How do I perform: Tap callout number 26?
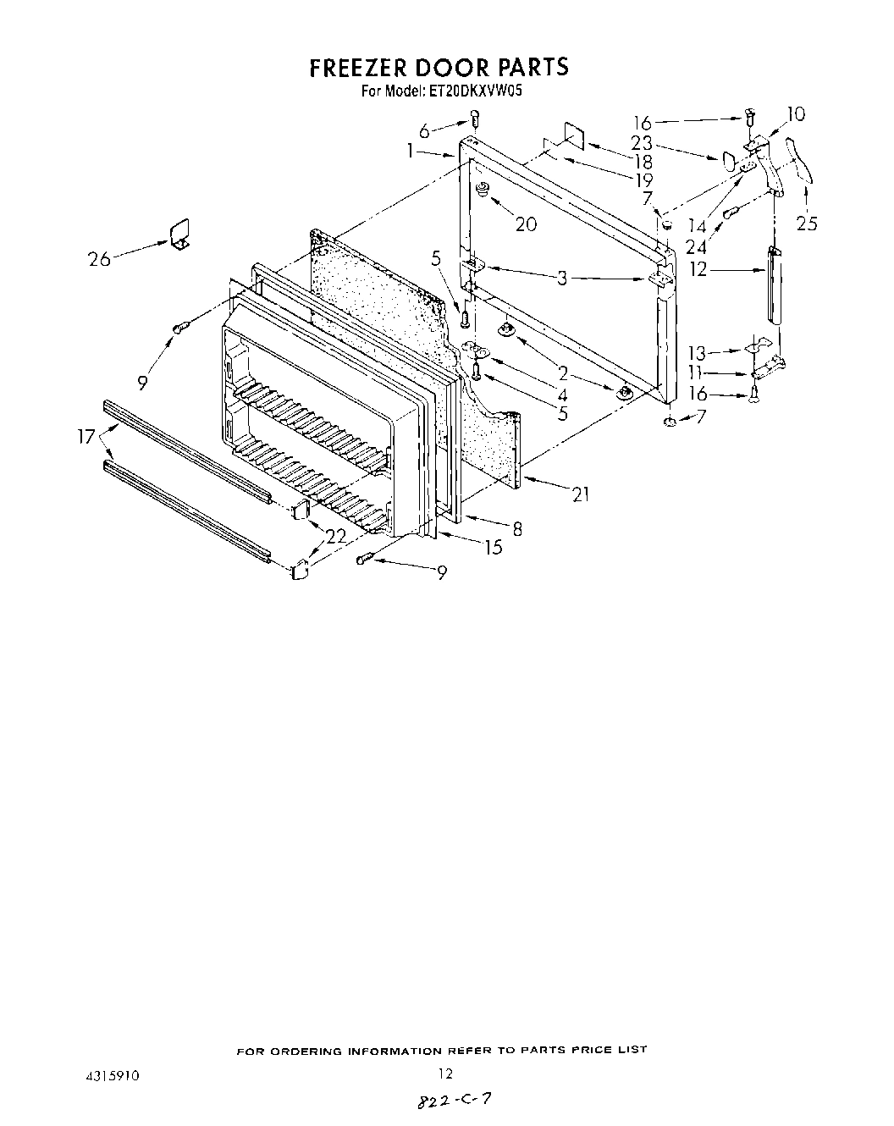tap(99, 258)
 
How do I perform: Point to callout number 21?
tap(580, 494)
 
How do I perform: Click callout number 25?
tap(807, 224)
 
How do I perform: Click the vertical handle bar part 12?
tap(774, 284)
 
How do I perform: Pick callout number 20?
tap(525, 224)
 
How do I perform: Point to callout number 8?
tap(516, 529)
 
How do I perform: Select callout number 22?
tap(337, 535)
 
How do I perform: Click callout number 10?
tap(796, 114)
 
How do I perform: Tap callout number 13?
tap(696, 352)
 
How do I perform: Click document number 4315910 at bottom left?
tap(106, 1075)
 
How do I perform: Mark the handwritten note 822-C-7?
tap(453, 1101)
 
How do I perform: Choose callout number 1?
tap(410, 151)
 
